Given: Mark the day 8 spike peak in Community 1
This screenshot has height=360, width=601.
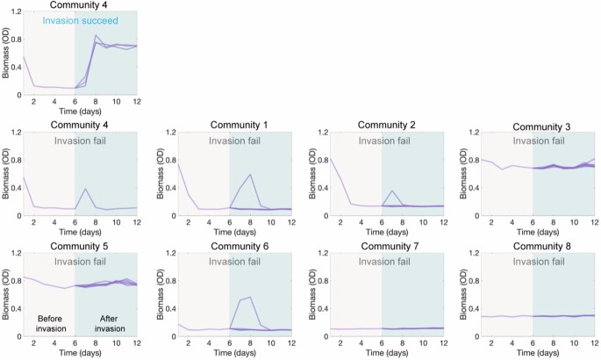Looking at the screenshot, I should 252,174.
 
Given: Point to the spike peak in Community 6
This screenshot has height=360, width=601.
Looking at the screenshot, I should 252,297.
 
